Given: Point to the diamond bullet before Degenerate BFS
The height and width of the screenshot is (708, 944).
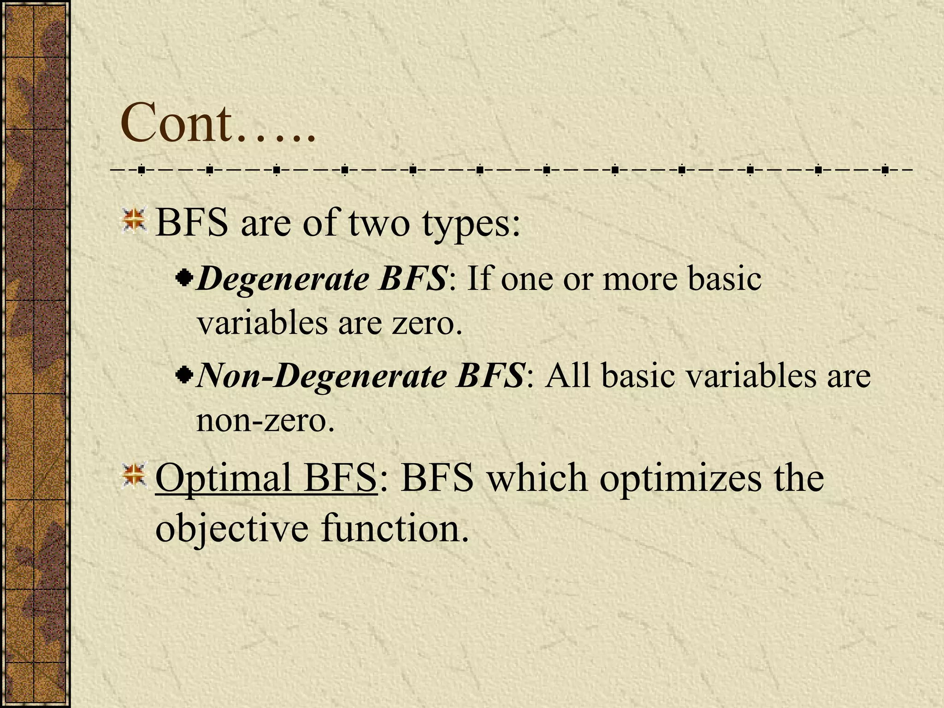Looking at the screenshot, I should [x=184, y=278].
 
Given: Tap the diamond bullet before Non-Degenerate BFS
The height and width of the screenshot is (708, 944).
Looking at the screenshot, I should [x=184, y=375].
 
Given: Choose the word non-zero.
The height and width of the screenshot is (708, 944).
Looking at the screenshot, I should [x=265, y=420].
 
